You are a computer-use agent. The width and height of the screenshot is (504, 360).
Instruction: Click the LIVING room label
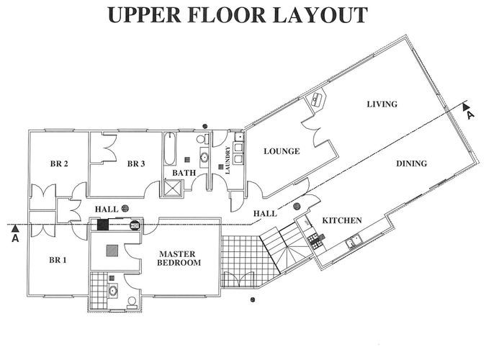click(x=382, y=104)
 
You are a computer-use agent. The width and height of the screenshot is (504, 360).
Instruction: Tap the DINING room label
click(x=411, y=163)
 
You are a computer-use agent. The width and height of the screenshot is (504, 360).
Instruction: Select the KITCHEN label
click(x=342, y=220)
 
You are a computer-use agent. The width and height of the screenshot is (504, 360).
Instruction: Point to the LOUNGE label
click(x=282, y=151)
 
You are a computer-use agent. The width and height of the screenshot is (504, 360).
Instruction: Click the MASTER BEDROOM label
click(x=179, y=258)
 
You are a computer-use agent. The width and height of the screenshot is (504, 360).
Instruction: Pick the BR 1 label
click(x=58, y=260)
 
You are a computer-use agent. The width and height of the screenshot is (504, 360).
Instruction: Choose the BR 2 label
click(x=59, y=163)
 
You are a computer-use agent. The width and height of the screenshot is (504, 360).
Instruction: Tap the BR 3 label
click(x=136, y=163)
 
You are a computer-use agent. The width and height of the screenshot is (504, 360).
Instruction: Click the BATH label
click(x=184, y=173)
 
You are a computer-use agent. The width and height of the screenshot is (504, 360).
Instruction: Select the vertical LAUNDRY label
click(x=228, y=160)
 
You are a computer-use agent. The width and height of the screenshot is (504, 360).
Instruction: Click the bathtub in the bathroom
click(x=170, y=149)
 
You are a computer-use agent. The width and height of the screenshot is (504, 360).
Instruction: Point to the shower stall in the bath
click(x=174, y=188)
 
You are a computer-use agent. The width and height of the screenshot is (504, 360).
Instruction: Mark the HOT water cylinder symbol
click(x=135, y=225)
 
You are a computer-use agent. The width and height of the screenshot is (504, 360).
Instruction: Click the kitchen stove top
click(x=315, y=242)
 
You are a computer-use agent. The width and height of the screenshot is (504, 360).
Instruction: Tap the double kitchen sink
click(x=354, y=241)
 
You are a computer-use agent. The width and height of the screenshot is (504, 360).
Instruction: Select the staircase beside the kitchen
click(x=284, y=248)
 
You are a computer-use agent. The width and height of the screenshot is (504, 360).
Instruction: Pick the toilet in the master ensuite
click(x=132, y=303)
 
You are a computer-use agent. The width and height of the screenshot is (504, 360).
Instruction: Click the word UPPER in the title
click(x=144, y=15)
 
